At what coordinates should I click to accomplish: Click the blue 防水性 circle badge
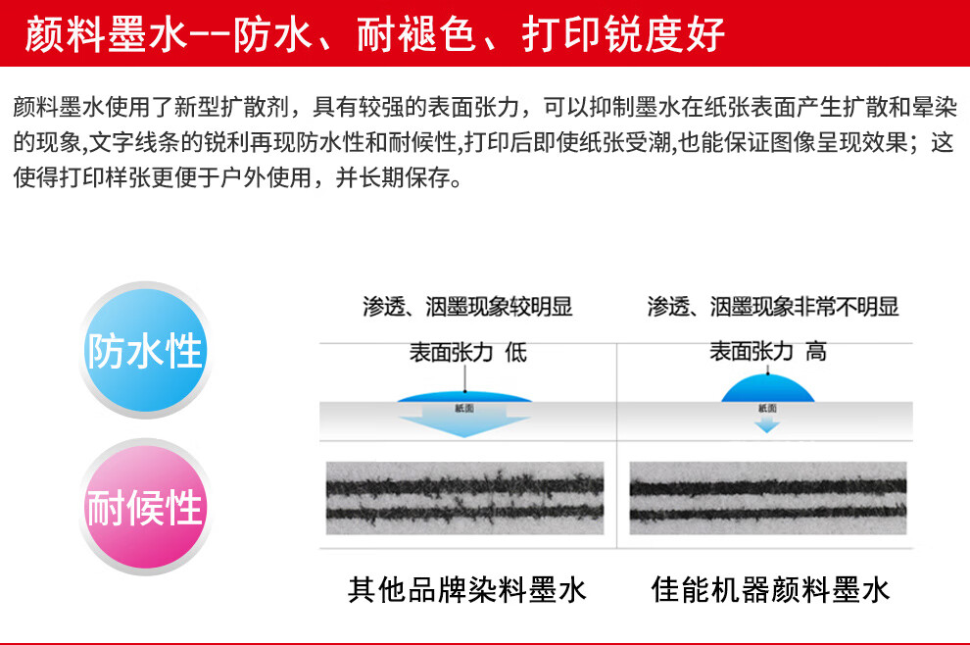[144, 351]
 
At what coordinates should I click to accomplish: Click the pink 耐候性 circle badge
[144, 508]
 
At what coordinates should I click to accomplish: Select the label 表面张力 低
[467, 352]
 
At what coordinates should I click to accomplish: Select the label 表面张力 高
[767, 352]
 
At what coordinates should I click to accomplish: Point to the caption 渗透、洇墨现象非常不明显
[772, 307]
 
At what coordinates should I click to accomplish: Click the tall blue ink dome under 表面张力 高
[767, 389]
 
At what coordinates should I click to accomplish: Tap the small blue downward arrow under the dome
[767, 424]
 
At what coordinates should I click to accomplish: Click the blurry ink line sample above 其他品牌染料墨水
[463, 499]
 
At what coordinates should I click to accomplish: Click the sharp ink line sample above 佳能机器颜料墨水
[768, 499]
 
